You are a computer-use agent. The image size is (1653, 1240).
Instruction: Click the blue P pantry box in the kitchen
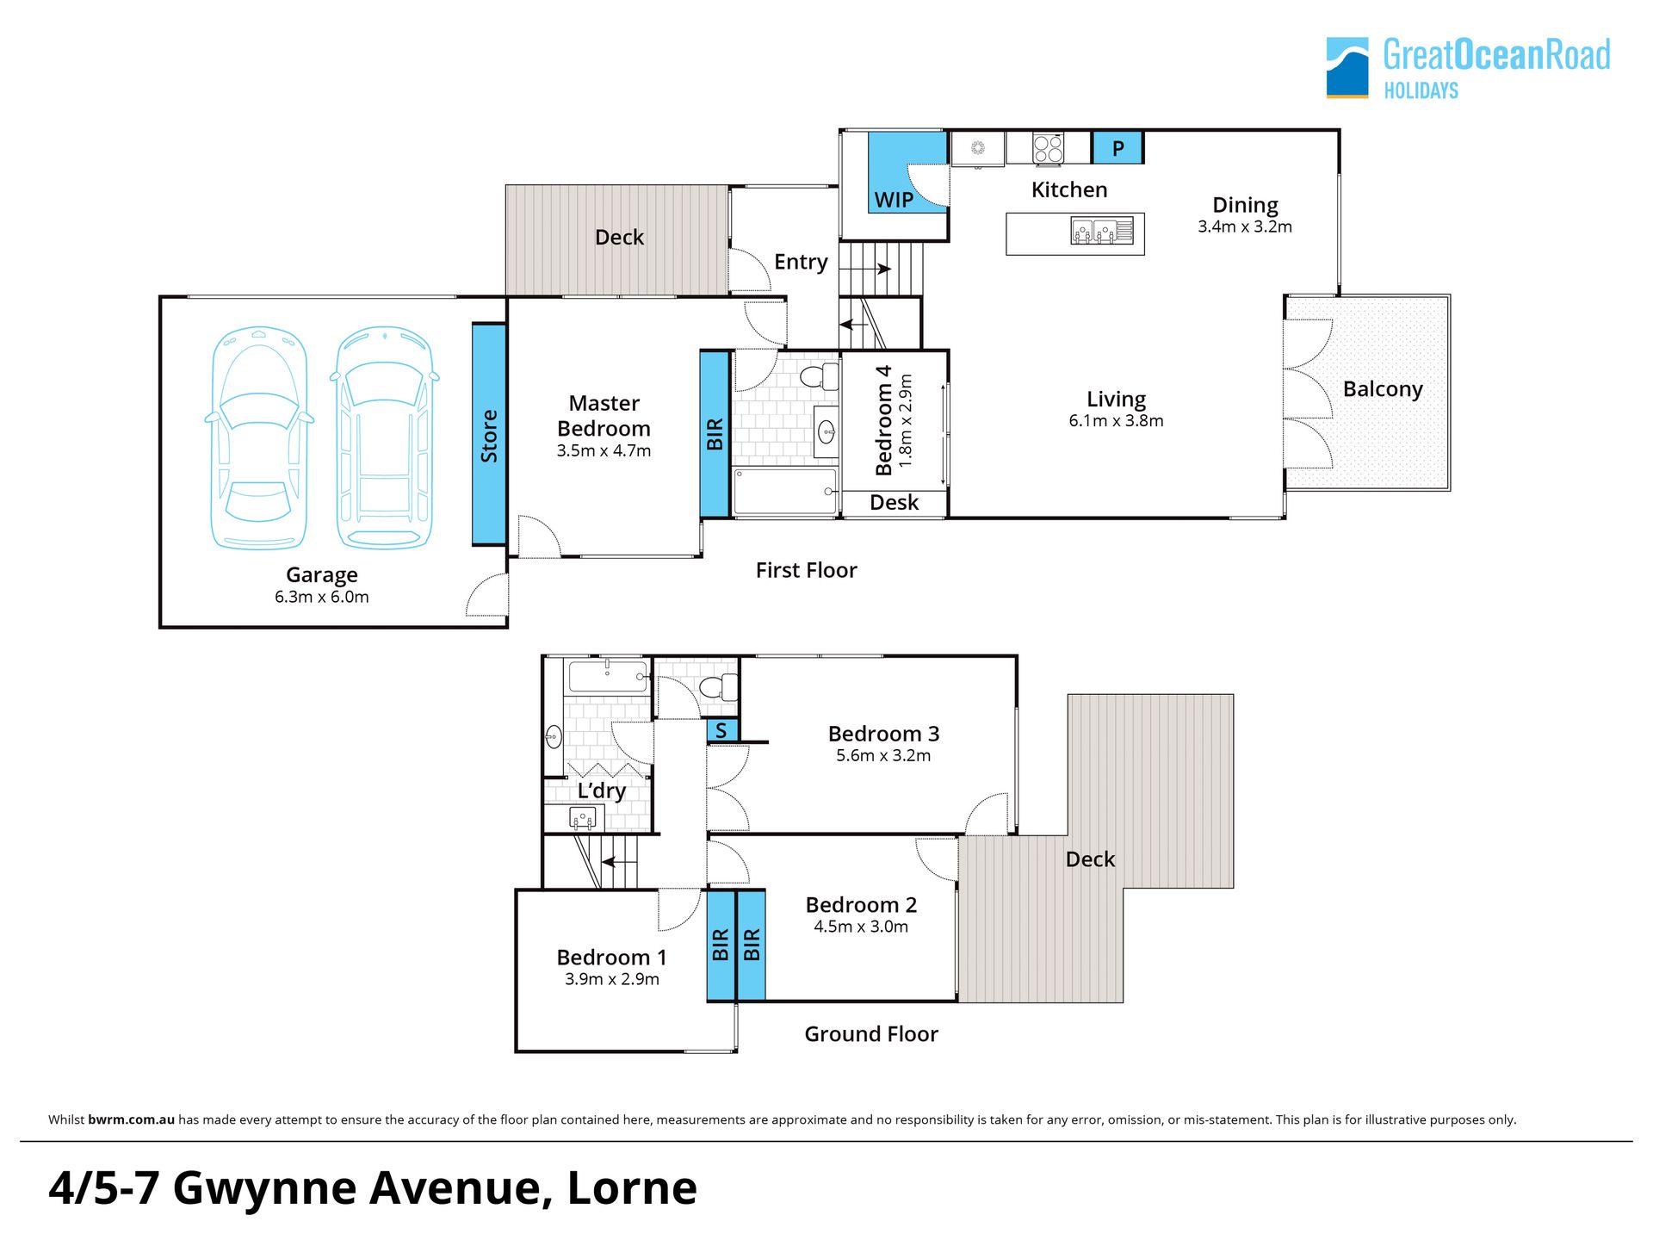(1117, 147)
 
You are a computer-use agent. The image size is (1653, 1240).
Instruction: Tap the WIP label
(894, 200)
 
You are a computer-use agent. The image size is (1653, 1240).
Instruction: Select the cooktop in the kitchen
(1048, 148)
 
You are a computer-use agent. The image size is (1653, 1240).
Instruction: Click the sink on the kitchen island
(1102, 231)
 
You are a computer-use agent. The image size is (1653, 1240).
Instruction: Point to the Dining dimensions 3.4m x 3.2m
(1245, 226)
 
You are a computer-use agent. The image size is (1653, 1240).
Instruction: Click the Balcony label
(1383, 389)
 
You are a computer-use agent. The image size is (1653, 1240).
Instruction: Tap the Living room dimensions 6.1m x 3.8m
(1116, 421)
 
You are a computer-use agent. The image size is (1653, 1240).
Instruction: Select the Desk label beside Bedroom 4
(894, 502)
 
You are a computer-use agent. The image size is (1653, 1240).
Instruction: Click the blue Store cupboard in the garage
(489, 434)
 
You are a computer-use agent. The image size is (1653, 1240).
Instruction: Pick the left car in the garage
(259, 437)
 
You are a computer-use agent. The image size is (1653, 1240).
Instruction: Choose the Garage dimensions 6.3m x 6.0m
(322, 597)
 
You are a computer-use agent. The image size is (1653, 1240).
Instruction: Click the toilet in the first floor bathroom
(819, 376)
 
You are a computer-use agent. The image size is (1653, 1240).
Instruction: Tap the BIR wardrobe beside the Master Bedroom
(715, 434)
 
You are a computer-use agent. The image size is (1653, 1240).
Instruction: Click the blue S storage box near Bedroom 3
(721, 731)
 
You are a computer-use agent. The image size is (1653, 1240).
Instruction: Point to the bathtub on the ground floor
(607, 676)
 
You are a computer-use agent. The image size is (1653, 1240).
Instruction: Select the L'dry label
(601, 790)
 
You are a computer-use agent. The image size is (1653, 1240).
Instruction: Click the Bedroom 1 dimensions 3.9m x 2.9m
(612, 979)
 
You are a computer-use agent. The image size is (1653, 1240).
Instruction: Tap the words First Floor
(806, 570)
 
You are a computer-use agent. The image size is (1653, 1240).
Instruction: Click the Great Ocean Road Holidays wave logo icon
(1347, 67)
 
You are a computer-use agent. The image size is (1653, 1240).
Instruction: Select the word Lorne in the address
(632, 1187)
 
